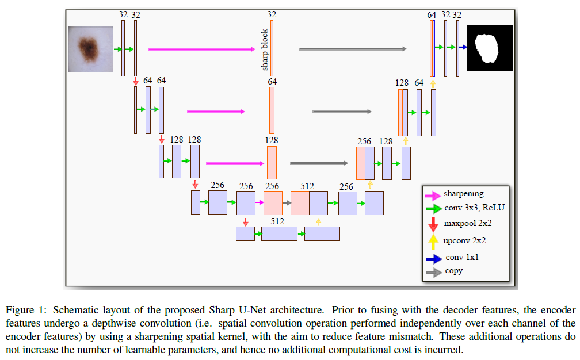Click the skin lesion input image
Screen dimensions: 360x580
point(90,49)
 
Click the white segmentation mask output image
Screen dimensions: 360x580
point(490,48)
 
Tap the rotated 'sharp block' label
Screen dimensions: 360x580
point(265,49)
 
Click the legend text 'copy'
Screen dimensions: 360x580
point(453,271)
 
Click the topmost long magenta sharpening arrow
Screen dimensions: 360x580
point(201,49)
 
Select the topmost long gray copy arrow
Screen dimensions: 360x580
point(353,49)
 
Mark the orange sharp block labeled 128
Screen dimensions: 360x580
point(272,163)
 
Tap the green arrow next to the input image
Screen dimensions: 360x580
point(118,49)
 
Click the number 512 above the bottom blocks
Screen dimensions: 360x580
point(278,221)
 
